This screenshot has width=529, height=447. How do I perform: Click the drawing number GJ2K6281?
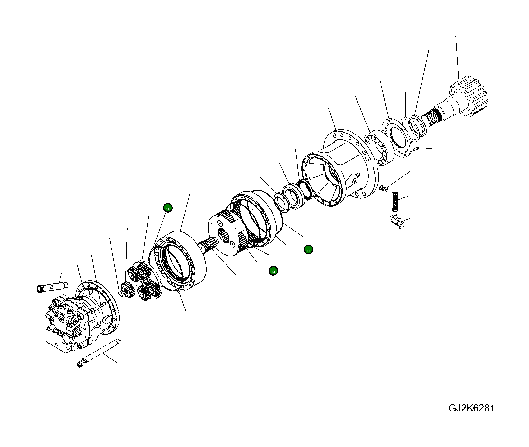(x=471, y=408)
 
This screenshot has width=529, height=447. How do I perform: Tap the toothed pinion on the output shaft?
(x=470, y=96)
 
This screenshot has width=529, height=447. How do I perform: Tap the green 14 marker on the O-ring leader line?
(x=168, y=208)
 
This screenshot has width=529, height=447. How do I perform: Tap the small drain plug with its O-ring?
(x=384, y=188)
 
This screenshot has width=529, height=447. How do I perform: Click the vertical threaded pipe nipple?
(x=395, y=202)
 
